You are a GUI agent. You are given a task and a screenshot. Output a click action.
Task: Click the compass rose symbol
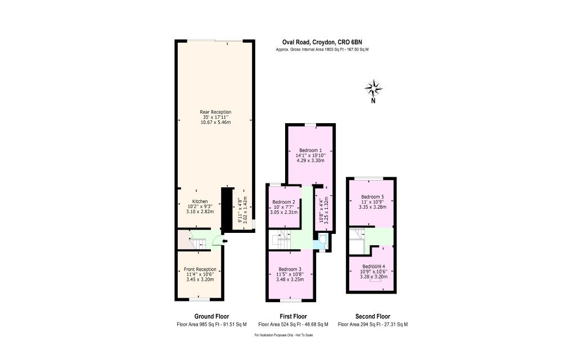[373, 88]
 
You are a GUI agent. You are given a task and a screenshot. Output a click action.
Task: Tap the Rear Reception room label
[215, 112]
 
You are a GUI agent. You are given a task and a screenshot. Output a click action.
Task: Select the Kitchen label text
[200, 201]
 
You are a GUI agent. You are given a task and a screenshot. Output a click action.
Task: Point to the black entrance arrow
[224, 242]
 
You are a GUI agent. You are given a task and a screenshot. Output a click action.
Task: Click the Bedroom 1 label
[310, 150]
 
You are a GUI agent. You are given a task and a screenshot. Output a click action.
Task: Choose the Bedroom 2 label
[283, 202]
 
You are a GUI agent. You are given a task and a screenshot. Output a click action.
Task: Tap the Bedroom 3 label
[290, 269]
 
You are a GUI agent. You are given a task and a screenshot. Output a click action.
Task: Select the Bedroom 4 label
[373, 266]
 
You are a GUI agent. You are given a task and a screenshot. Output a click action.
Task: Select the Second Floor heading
[373, 316]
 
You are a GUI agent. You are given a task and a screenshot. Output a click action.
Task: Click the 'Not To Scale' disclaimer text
[283, 335]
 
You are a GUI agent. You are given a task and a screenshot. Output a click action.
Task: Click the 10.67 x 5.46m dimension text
[215, 122]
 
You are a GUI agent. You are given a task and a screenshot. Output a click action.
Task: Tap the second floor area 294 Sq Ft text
[373, 325]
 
